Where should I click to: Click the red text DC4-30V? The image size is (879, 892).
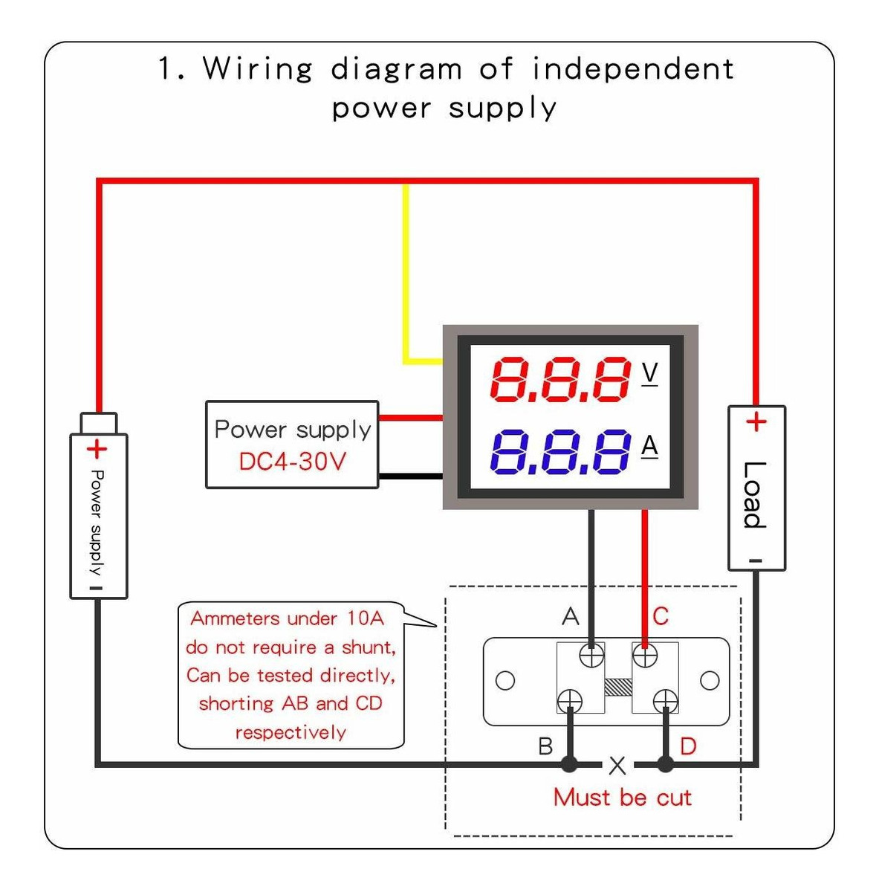(x=292, y=462)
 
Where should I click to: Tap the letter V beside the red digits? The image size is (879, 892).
(x=650, y=373)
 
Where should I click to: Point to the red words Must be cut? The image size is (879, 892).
(x=623, y=798)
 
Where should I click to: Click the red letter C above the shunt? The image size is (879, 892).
(x=661, y=616)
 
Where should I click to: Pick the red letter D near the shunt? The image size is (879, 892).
(x=688, y=746)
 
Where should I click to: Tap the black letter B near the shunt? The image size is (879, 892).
(x=545, y=746)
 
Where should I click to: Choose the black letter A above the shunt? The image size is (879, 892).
(x=570, y=616)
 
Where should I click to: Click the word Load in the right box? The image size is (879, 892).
(x=754, y=494)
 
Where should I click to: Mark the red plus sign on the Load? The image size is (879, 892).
(x=756, y=421)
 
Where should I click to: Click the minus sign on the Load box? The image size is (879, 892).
(x=755, y=561)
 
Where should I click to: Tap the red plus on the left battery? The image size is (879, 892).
(x=97, y=449)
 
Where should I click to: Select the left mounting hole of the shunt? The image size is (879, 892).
(x=505, y=680)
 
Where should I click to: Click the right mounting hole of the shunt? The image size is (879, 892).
(x=710, y=680)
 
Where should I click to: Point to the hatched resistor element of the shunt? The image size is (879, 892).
(x=618, y=688)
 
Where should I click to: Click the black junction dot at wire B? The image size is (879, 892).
(x=569, y=764)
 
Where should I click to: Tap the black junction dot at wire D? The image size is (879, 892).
(x=665, y=764)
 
